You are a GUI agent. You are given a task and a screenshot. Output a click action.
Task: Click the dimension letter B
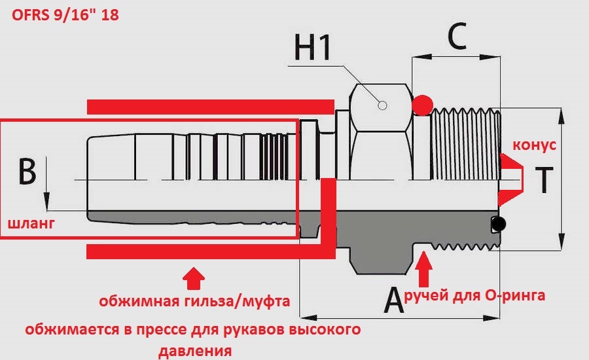point(27,171)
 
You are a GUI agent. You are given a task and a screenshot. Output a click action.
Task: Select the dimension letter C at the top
point(456,37)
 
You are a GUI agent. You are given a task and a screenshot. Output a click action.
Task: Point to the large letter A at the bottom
point(393,301)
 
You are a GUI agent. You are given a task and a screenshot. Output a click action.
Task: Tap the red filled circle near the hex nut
point(422,104)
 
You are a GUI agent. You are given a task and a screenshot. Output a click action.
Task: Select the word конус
point(534,145)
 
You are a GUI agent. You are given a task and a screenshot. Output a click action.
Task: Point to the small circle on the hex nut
point(384,103)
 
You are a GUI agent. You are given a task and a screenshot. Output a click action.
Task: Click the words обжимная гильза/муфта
point(194,302)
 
